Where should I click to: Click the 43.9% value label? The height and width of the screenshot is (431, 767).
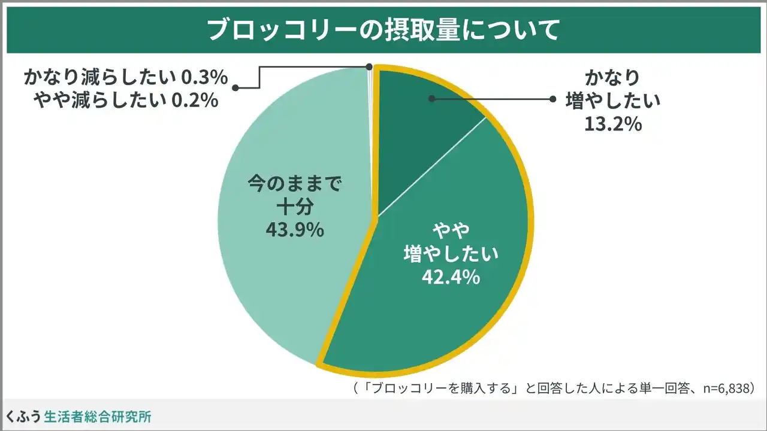295,229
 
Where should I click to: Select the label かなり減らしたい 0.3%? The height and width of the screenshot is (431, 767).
126,77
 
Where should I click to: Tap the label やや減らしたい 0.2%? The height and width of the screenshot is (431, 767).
126,101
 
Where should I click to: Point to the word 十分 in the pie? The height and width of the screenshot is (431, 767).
295,207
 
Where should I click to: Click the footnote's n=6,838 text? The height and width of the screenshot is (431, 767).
720,388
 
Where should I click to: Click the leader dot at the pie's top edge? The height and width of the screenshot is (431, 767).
369,66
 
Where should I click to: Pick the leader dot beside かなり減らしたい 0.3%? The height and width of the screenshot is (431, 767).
235,88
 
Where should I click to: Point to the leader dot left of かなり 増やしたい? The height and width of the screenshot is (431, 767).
552,98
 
